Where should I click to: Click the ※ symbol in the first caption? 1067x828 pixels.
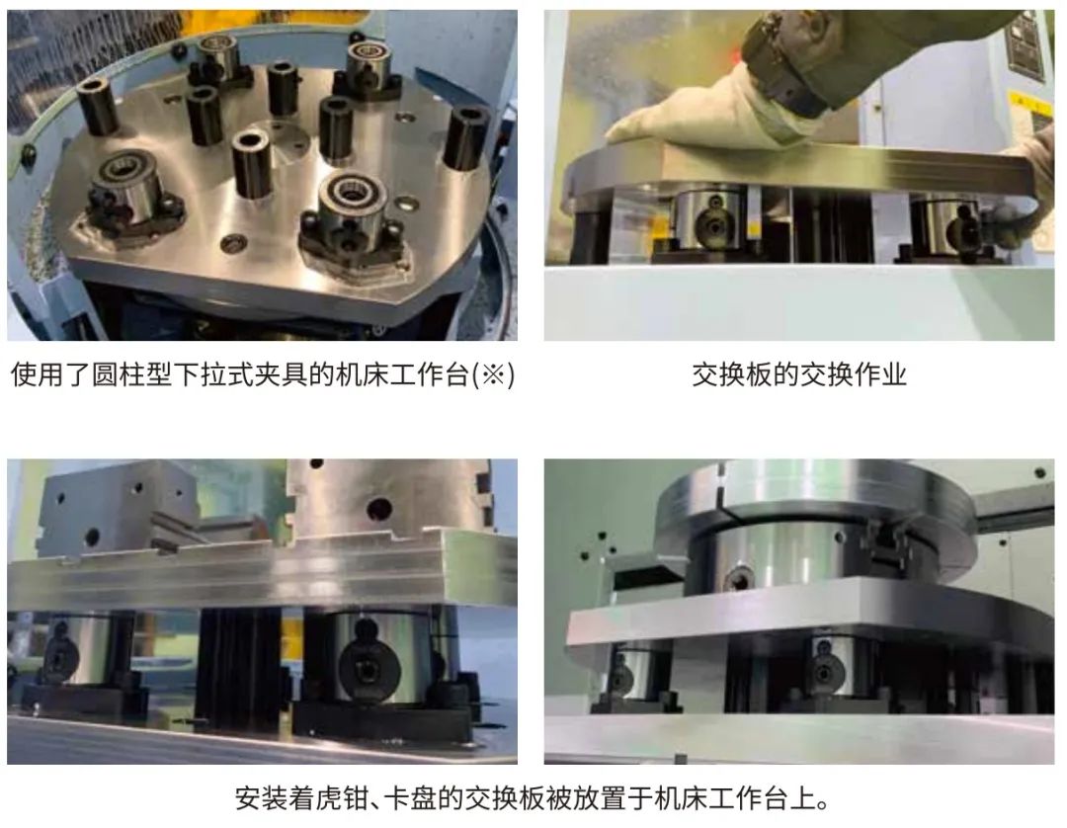click(x=493, y=374)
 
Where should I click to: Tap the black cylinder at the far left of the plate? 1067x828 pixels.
click(x=99, y=106)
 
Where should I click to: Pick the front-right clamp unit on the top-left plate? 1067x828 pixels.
click(x=354, y=224)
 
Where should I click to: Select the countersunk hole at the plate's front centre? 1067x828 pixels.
click(x=233, y=241)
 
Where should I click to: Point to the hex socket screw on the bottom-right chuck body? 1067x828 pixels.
click(x=740, y=579)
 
